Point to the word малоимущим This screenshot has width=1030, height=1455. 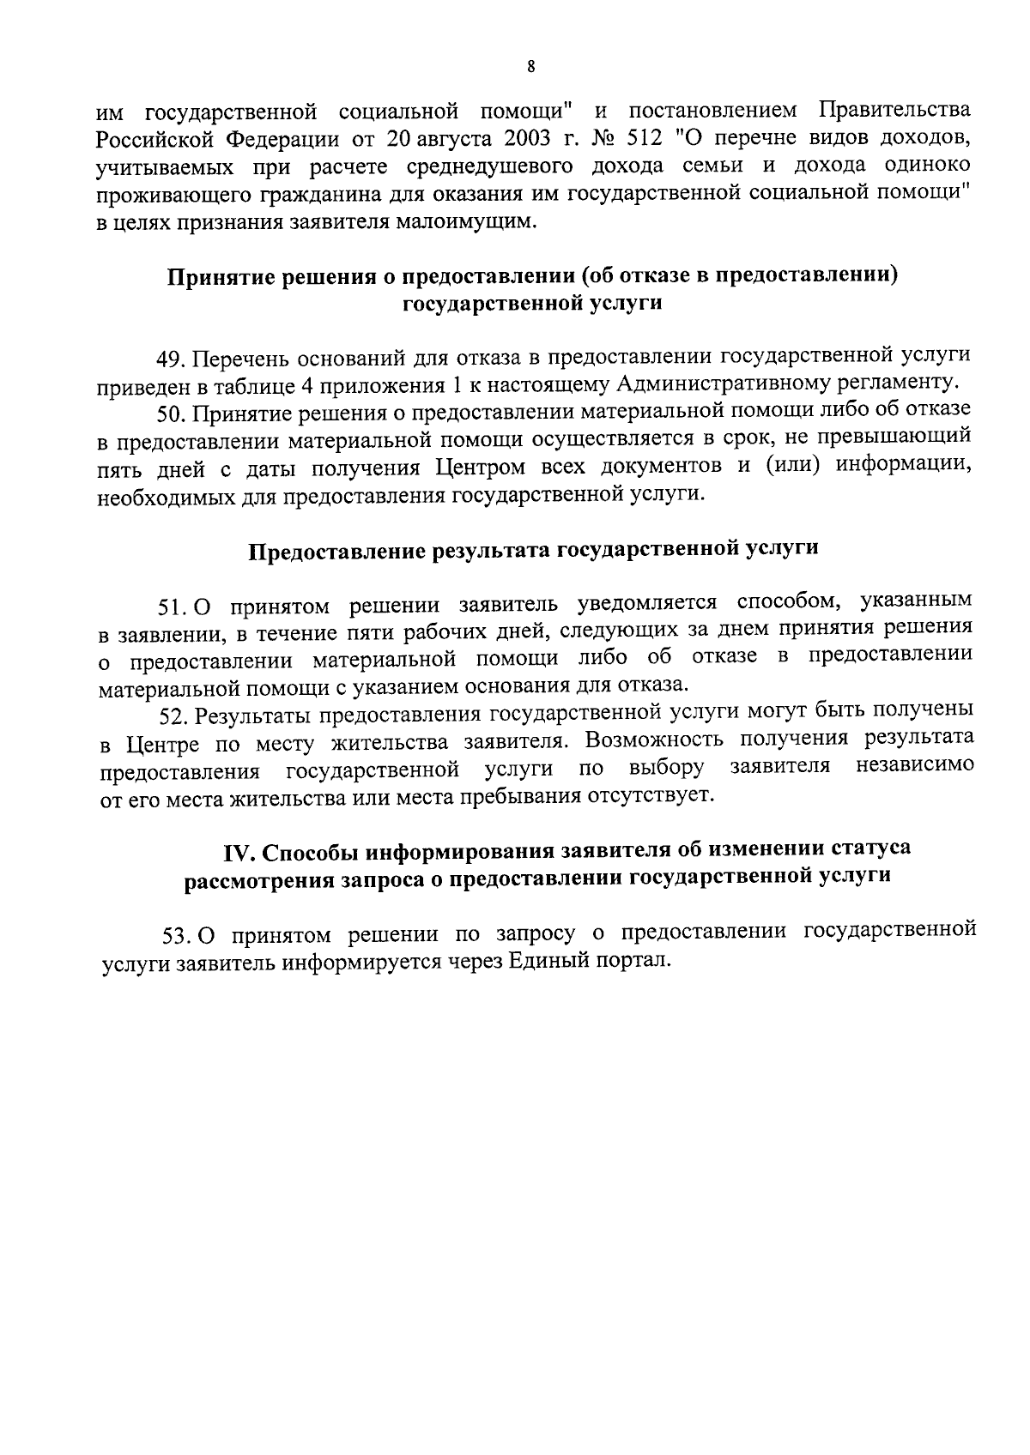click(481, 222)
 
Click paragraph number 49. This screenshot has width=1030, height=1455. click(171, 356)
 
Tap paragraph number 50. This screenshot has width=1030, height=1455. click(171, 413)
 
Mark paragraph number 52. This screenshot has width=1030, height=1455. click(173, 715)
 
